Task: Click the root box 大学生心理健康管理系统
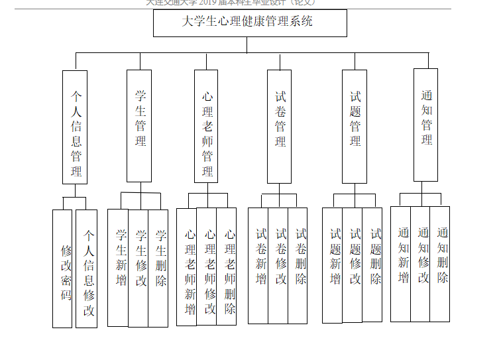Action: (x=250, y=23)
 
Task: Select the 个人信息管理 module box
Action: (x=76, y=127)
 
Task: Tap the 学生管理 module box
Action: (x=139, y=126)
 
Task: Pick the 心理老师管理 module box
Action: (x=206, y=126)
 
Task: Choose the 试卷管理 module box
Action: (x=279, y=126)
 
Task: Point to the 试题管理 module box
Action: (x=354, y=126)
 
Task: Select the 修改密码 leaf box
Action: (x=62, y=269)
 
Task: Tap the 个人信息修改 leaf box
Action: (x=87, y=269)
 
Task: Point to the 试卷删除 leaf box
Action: (x=298, y=265)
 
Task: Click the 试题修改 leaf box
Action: (x=353, y=265)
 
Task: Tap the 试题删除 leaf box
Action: (x=373, y=265)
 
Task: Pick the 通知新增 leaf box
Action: (x=401, y=264)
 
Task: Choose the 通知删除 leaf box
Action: (x=441, y=264)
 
